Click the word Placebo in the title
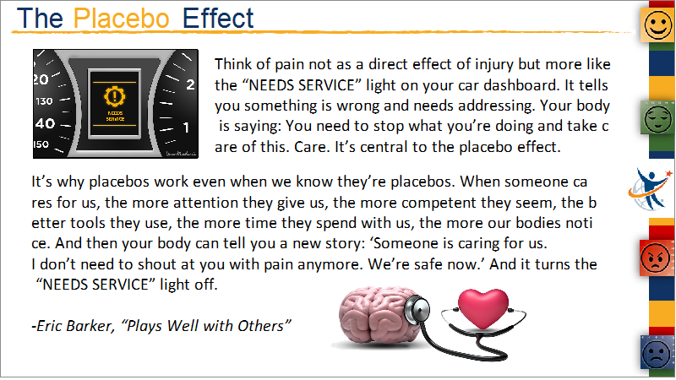pos(121,19)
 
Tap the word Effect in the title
pos(218,19)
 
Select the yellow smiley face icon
pos(657,25)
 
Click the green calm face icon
pos(657,118)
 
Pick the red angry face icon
pos(656,258)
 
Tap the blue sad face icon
pos(657,353)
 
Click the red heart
pos(482,308)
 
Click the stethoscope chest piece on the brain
pos(417,308)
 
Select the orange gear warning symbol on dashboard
pos(115,95)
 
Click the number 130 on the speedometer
pos(44,101)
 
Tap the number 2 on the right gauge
pos(190,84)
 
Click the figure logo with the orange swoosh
pos(650,189)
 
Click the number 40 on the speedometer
pos(46,123)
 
